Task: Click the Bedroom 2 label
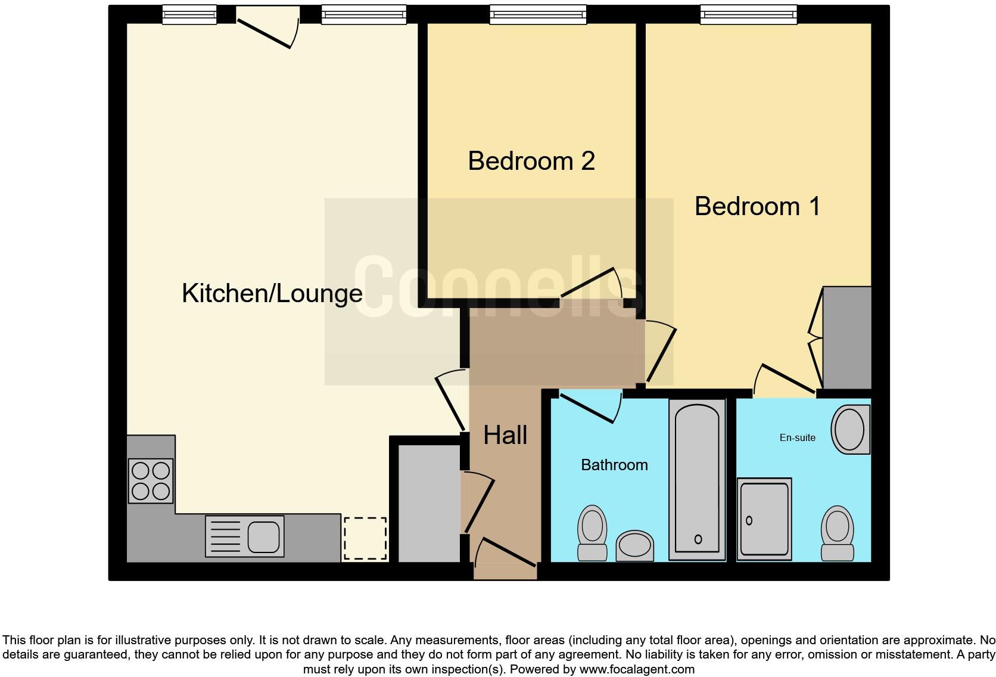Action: coord(531,161)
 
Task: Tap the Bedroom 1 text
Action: coord(757,206)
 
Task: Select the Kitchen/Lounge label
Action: coord(272,293)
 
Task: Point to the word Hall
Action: coord(505,435)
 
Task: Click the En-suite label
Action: coord(797,437)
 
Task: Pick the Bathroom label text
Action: coord(614,465)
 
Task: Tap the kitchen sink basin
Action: coord(263,536)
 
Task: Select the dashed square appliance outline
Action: coord(365,538)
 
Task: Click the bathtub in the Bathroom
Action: coord(697,480)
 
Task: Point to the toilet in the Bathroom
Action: coord(592,532)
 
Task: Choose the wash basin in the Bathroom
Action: coord(634,545)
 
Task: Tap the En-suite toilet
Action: coord(837,533)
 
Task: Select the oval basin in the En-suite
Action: coord(850,430)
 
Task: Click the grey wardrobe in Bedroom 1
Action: coord(847,338)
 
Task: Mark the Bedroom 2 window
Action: coord(537,14)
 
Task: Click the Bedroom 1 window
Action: coord(748,14)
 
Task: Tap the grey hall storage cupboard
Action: coord(428,503)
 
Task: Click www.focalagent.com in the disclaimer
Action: coord(637,669)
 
